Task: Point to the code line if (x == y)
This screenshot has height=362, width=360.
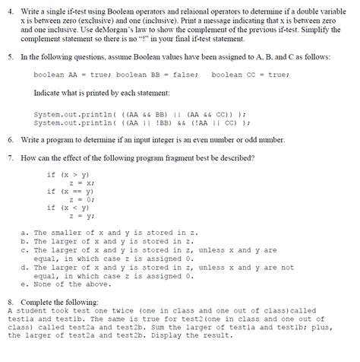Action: point(65,192)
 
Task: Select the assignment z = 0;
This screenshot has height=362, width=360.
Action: point(80,199)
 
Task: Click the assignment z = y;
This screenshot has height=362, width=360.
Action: point(80,216)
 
